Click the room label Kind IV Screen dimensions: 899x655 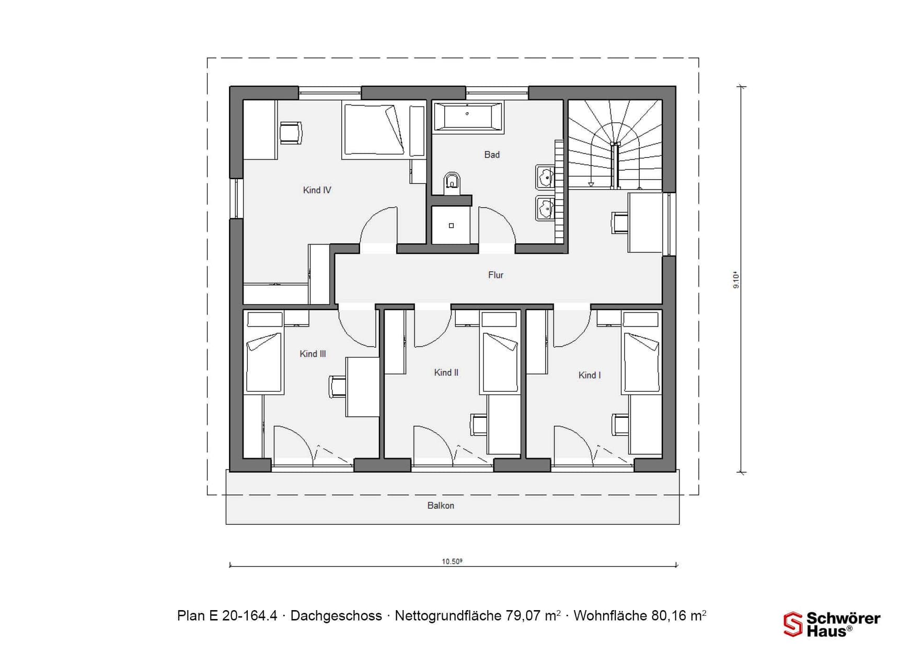coord(317,190)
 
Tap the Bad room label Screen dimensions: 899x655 coord(492,155)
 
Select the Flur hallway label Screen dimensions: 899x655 coord(495,275)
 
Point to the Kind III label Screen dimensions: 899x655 coord(313,354)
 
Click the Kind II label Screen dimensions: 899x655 coord(446,372)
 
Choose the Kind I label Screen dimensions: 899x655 coord(589,375)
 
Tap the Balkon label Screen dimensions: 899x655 coord(441,506)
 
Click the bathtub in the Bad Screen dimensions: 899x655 coord(467,116)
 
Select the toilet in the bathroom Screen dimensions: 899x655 coord(452,183)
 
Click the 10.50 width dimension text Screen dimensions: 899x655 coord(452,562)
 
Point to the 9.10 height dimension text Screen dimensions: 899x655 coord(736,279)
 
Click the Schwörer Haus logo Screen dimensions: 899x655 coord(832,624)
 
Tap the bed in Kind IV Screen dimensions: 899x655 coord(374,130)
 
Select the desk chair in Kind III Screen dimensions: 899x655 coord(337,387)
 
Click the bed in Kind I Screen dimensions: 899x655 coord(641,361)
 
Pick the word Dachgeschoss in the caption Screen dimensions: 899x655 coord(336,616)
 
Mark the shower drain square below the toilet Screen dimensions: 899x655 coord(451,226)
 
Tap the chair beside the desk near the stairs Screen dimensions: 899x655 coord(620,223)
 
